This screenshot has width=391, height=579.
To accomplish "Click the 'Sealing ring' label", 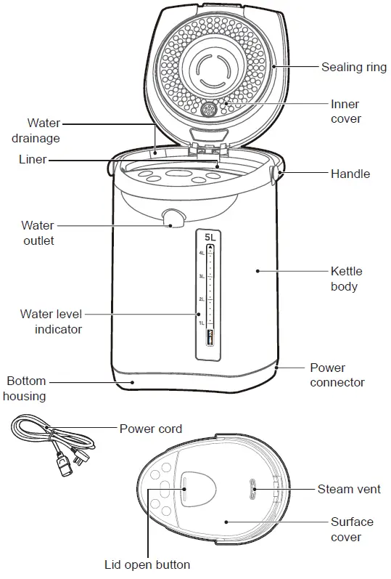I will click(x=354, y=67).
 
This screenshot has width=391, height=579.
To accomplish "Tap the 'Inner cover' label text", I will click(x=345, y=112).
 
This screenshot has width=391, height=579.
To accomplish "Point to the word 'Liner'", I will click(x=32, y=159).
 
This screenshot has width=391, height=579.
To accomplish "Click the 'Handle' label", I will click(x=350, y=174).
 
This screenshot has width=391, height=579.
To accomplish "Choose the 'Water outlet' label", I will click(x=37, y=232).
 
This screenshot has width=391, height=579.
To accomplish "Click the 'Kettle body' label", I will click(x=346, y=279).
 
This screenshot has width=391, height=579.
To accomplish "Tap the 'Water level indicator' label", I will click(x=51, y=321).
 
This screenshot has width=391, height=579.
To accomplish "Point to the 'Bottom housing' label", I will click(x=25, y=388).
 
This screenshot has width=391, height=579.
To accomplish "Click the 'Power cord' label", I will click(x=150, y=429).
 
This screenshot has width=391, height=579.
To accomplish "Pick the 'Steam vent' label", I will click(x=349, y=490).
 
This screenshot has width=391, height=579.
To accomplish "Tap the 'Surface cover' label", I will click(x=352, y=530).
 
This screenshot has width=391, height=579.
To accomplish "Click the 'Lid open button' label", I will click(x=147, y=564).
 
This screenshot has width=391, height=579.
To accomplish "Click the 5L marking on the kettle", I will click(x=210, y=238).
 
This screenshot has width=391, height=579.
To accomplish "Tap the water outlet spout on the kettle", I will click(x=173, y=218).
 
